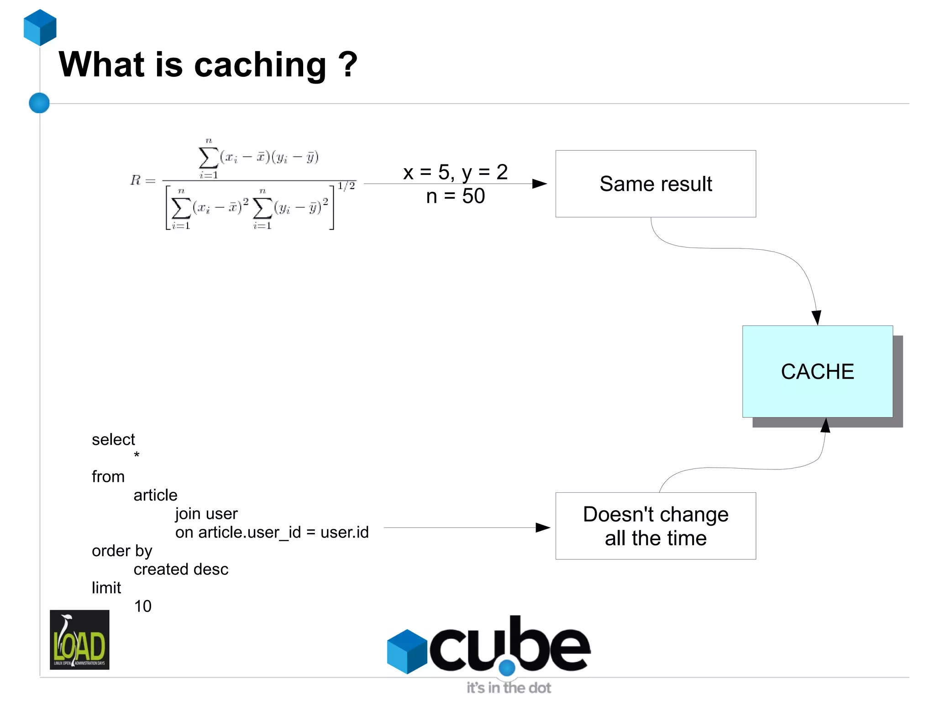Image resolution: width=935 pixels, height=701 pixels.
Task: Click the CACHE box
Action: [x=817, y=371]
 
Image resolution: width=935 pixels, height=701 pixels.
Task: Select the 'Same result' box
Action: [x=656, y=184]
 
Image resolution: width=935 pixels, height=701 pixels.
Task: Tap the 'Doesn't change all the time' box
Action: [x=656, y=526]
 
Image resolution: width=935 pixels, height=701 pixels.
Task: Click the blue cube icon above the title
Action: [x=40, y=27]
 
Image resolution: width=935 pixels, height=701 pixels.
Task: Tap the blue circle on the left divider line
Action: [x=39, y=103]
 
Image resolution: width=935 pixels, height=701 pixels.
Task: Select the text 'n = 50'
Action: [x=455, y=196]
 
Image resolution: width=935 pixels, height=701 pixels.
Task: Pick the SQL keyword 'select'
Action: [x=113, y=439]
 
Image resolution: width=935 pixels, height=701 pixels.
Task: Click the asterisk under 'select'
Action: [x=137, y=455]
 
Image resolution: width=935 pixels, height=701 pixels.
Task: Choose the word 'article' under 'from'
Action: [x=155, y=495]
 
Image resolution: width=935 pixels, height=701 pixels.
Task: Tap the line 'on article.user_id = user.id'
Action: [x=272, y=532]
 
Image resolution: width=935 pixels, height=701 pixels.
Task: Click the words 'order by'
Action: [x=122, y=551]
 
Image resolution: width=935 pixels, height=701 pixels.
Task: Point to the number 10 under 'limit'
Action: [x=142, y=606]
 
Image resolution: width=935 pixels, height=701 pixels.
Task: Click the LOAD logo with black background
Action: [x=79, y=639]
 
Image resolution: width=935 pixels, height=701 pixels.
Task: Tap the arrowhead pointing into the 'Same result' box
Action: [x=540, y=184]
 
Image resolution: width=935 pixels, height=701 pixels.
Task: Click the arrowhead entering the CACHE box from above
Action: [x=816, y=317]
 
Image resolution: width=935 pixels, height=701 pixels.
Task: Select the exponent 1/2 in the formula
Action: [x=346, y=186]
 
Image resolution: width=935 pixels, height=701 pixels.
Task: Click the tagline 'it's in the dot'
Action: [x=509, y=687]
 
